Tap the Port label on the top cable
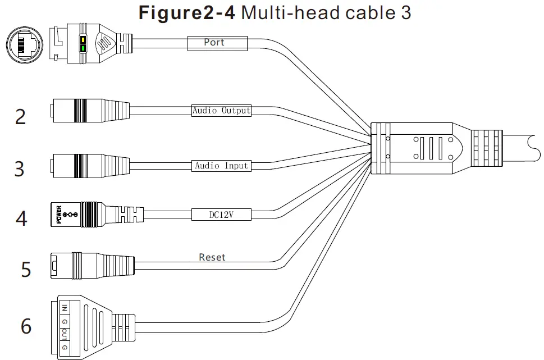[x=214, y=42]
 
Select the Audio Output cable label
[x=221, y=111]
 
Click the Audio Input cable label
[x=221, y=166]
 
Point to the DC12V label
[x=221, y=214]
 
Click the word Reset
[x=212, y=257]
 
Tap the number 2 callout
[x=21, y=117]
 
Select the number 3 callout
[x=20, y=168]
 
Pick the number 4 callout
[x=21, y=218]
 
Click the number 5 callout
[x=25, y=268]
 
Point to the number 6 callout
[x=26, y=326]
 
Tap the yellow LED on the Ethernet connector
[x=83, y=40]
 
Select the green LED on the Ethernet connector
[x=83, y=49]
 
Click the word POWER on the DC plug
[x=58, y=215]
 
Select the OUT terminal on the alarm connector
[x=65, y=335]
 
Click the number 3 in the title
[x=405, y=12]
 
